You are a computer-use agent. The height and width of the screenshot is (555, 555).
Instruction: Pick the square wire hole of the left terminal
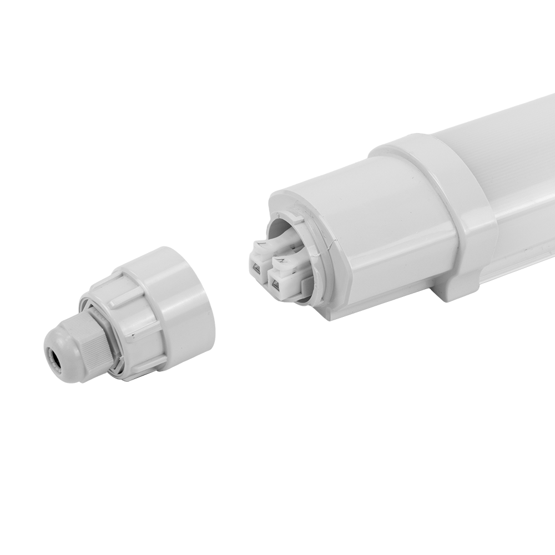click(x=256, y=269)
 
